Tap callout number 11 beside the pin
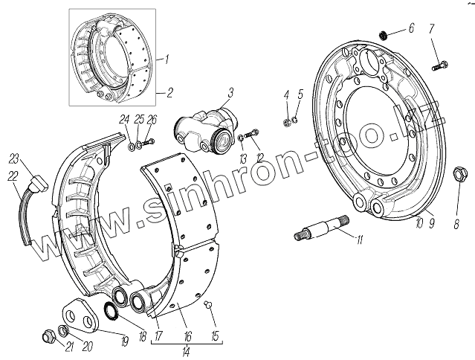360,239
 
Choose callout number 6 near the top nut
411,29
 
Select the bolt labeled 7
438,65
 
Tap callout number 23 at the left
13,158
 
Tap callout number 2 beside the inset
169,93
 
